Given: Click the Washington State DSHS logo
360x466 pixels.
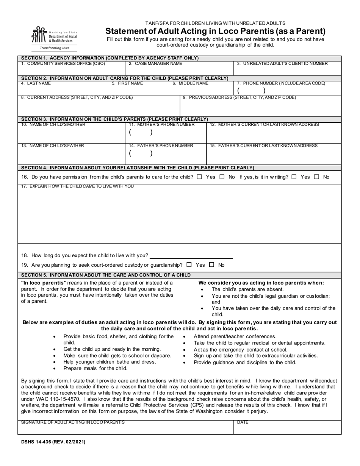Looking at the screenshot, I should point(54,38).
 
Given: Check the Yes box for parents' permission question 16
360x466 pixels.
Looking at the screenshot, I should point(200,177).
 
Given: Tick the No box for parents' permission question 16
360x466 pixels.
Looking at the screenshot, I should point(222,177).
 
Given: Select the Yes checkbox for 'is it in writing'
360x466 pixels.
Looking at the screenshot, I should point(294,177).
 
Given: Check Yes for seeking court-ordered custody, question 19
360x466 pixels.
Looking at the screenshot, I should point(189,265).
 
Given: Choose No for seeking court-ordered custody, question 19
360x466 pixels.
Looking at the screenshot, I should point(211,265).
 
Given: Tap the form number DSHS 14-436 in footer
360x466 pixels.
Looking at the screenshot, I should point(53,442).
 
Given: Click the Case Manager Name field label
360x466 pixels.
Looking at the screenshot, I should point(155,64).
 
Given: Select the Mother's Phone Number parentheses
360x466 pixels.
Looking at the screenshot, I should point(141,133).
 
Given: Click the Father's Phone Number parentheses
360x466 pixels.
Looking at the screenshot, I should point(141,153).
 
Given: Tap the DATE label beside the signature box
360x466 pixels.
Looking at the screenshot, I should point(243,422).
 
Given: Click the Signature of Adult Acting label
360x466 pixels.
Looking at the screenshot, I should point(73,422).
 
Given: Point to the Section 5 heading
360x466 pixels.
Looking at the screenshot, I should point(106,275).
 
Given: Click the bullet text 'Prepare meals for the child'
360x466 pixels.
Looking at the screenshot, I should point(95,368).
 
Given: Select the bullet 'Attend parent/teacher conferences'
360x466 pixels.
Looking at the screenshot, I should point(235,336).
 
